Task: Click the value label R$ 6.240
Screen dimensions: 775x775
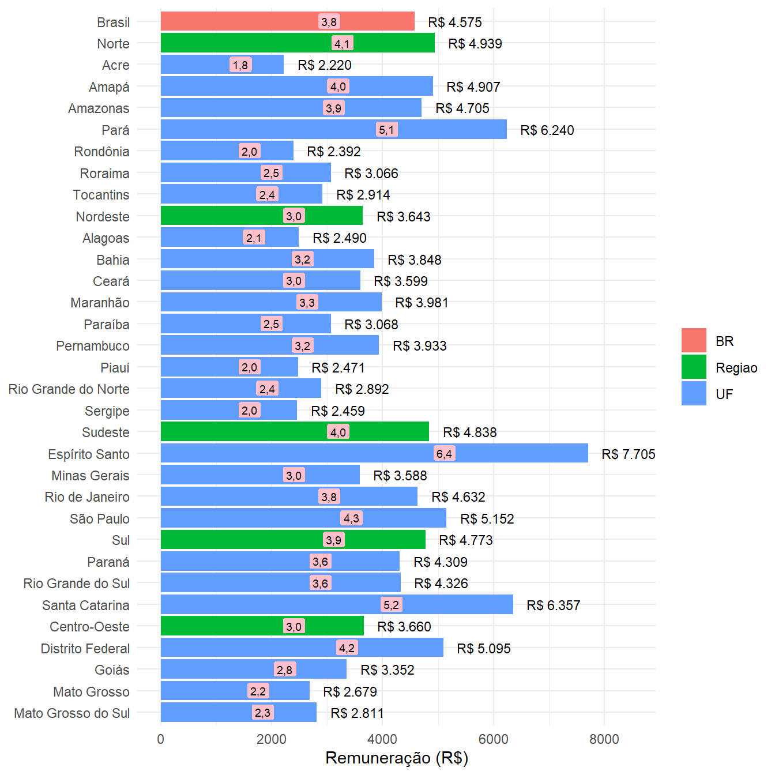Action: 547,130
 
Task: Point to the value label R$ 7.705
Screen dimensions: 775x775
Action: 628,454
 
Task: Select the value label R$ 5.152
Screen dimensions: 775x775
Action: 487,519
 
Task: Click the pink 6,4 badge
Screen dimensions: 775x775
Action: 444,454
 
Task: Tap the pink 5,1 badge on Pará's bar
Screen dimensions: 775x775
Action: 386,130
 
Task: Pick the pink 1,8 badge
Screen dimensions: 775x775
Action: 240,65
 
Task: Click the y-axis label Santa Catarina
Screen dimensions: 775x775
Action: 86,605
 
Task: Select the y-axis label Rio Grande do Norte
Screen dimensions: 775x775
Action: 69,389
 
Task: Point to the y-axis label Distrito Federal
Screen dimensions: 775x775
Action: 85,649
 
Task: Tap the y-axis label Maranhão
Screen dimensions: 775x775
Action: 100,303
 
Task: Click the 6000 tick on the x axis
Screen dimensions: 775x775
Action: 494,739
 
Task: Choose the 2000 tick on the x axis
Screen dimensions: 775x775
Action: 272,739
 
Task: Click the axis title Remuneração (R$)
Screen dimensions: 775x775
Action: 397,758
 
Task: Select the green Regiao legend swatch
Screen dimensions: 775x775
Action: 694,367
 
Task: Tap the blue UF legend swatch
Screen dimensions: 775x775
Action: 694,394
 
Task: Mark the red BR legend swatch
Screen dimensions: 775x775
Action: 694,341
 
